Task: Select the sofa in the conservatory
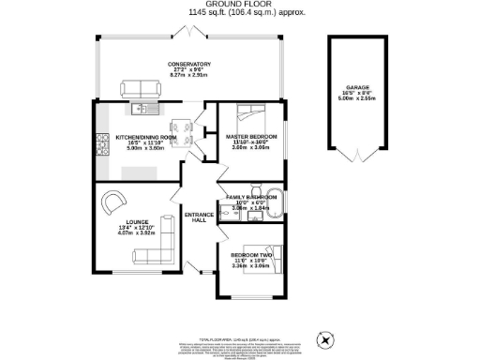coord(141,88)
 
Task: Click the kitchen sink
coord(142,109)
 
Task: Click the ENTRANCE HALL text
coord(199,216)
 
